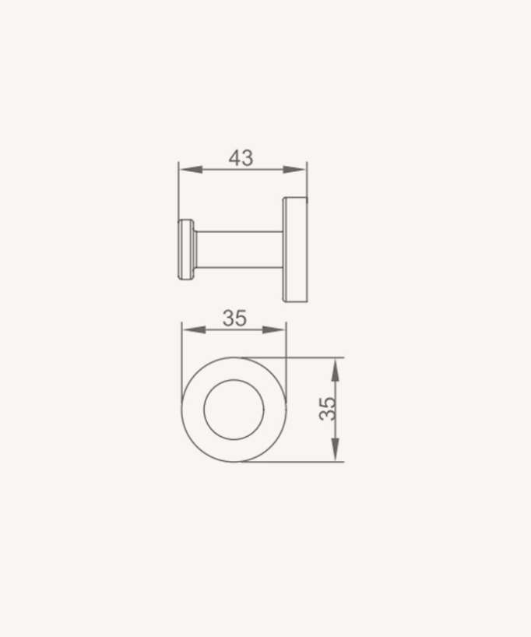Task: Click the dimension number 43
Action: coord(241,157)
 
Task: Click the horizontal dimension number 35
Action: coord(235,318)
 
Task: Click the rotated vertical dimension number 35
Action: coord(328,409)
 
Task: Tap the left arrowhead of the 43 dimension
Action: coord(191,170)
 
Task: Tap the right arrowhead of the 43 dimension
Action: coord(295,170)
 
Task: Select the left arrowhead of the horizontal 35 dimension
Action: coord(194,330)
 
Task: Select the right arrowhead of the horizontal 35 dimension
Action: coord(274,330)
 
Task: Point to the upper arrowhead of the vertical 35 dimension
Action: coord(335,370)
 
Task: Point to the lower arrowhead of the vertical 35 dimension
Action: coord(335,449)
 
